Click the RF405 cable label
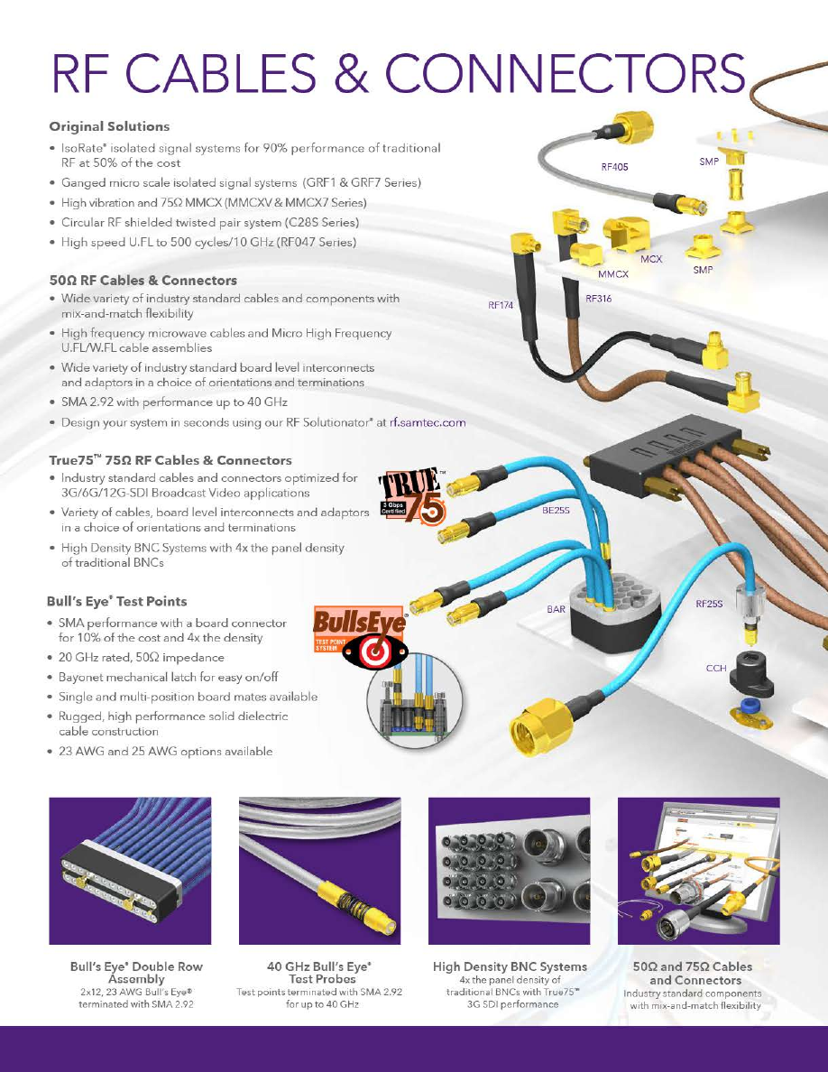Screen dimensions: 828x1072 [x=614, y=167]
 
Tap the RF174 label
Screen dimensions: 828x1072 [x=500, y=305]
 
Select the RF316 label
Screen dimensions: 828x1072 [x=599, y=298]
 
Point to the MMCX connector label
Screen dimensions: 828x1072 [x=612, y=274]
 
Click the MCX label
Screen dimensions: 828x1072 [x=651, y=259]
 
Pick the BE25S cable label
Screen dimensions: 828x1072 [x=556, y=510]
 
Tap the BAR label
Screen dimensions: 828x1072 [x=557, y=609]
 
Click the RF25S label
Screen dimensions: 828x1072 [x=709, y=604]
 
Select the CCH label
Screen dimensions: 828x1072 [x=716, y=668]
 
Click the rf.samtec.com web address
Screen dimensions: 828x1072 [x=428, y=422]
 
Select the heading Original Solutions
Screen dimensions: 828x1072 [x=109, y=126]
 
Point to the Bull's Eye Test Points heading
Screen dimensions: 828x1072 [x=117, y=602]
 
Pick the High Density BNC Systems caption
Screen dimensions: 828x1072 [x=510, y=966]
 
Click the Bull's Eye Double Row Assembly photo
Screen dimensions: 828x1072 [x=130, y=871]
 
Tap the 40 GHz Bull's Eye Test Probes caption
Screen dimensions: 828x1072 [x=319, y=973]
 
